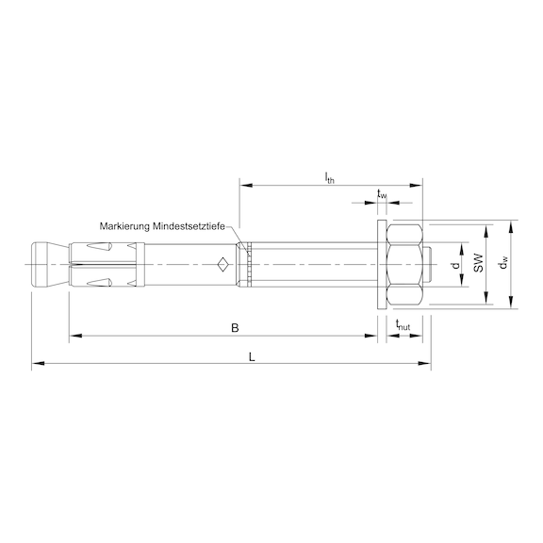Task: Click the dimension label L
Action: pos(252,356)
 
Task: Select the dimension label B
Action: pos(235,328)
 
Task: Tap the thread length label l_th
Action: pos(330,178)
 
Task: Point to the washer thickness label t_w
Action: pos(382,194)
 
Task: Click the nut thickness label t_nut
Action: pos(403,325)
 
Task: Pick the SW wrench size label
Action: pos(478,262)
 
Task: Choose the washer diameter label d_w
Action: pos(503,262)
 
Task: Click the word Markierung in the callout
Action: pos(125,226)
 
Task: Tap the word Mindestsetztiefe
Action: pos(189,226)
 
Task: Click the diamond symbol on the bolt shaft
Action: pos(223,265)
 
